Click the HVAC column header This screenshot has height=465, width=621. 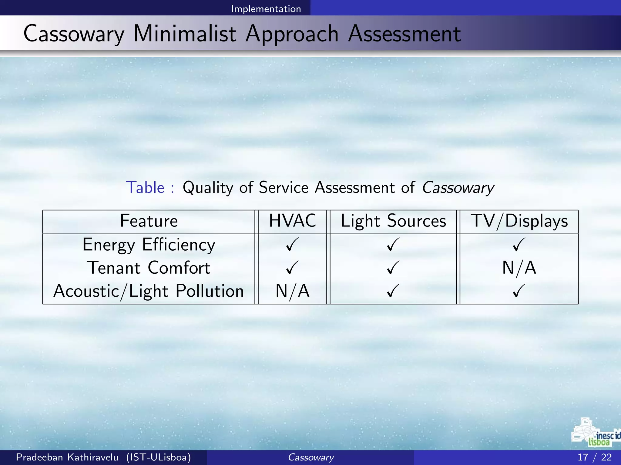pos(292,221)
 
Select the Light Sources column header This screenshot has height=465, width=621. pos(393,221)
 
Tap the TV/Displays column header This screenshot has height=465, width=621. pos(519,221)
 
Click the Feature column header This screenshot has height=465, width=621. pos(149,221)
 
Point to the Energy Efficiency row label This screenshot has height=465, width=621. pos(149,245)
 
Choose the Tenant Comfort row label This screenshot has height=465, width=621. pos(149,268)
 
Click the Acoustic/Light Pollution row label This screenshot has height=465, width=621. pos(149,291)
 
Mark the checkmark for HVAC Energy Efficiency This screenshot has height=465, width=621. pos(292,244)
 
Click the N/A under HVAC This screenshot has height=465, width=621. pos(292,291)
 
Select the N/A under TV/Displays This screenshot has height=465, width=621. pos(519,268)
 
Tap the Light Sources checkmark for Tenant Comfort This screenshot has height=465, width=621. pos(393,268)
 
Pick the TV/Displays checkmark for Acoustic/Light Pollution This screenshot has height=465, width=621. pos(519,291)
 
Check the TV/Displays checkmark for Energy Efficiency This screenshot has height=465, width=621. pos(519,244)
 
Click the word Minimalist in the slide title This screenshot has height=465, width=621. pos(185,34)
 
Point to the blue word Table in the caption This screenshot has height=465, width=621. pos(145,187)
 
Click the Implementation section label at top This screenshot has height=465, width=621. pos(266,9)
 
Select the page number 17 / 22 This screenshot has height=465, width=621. pos(594,457)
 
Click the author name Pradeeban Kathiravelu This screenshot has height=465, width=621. pos(67,457)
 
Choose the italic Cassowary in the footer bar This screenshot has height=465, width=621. pos(311,457)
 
